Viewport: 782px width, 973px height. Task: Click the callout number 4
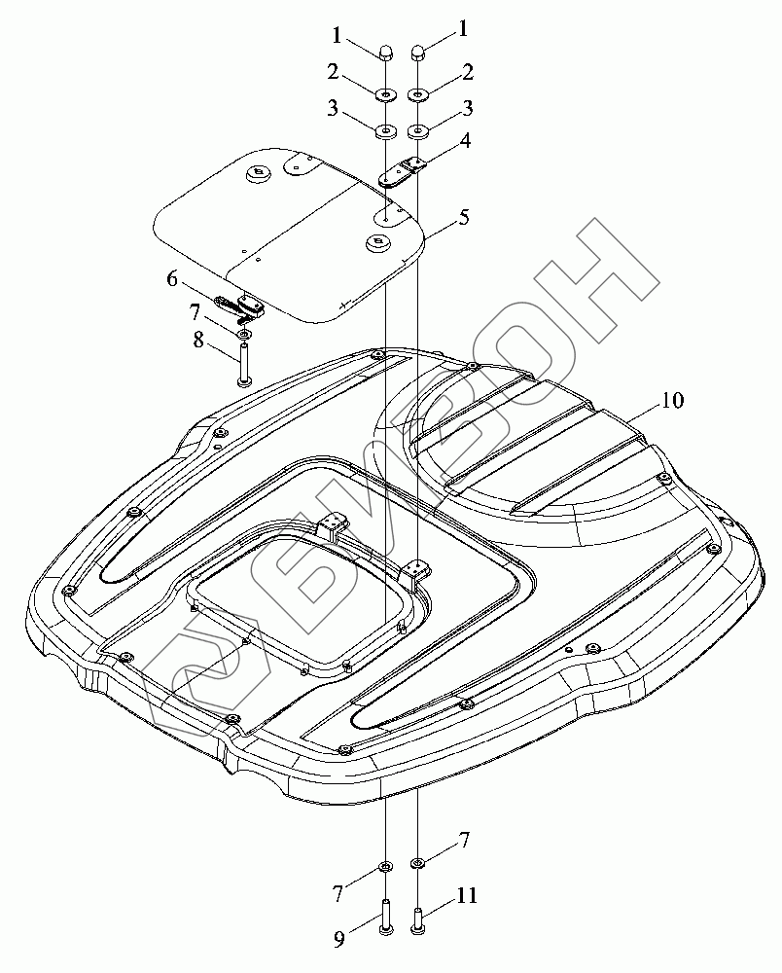point(465,140)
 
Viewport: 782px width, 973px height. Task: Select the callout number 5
point(464,217)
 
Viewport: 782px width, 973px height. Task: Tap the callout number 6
point(172,279)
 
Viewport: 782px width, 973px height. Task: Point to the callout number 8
point(198,340)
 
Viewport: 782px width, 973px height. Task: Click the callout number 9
point(339,941)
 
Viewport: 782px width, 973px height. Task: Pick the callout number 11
point(467,895)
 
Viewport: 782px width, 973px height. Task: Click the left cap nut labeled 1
point(385,53)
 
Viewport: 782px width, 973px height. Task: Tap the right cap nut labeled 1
point(418,53)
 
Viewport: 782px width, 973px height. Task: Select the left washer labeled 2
point(385,94)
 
